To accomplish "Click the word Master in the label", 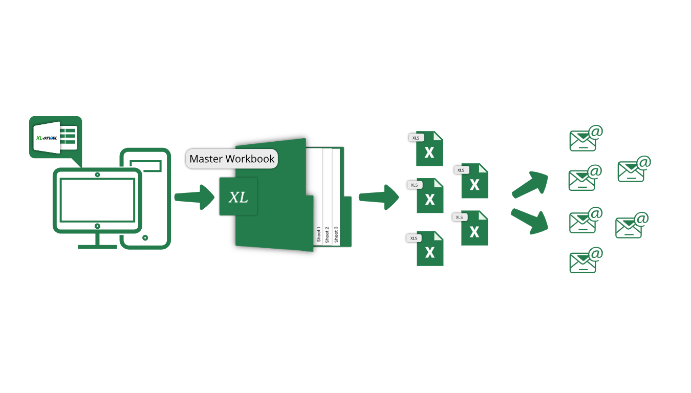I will (x=207, y=159).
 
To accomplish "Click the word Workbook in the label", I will (x=250, y=159).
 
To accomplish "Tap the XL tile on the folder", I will (x=239, y=197).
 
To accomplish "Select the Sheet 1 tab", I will (x=319, y=234).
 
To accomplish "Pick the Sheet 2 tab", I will (x=328, y=234).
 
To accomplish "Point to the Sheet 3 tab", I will (x=336, y=234).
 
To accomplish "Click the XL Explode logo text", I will (x=46, y=138).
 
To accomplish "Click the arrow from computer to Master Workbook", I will (x=195, y=197).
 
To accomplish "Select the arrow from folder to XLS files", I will (x=379, y=197).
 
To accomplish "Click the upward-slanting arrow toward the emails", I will (x=530, y=184).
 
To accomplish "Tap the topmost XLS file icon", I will (x=429, y=149).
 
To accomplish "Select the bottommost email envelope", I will (x=583, y=263).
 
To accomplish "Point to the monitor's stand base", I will (x=97, y=247).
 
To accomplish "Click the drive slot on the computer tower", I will (x=146, y=165).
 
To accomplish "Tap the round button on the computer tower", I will (x=145, y=237).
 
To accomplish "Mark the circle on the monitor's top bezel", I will (x=97, y=174).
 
